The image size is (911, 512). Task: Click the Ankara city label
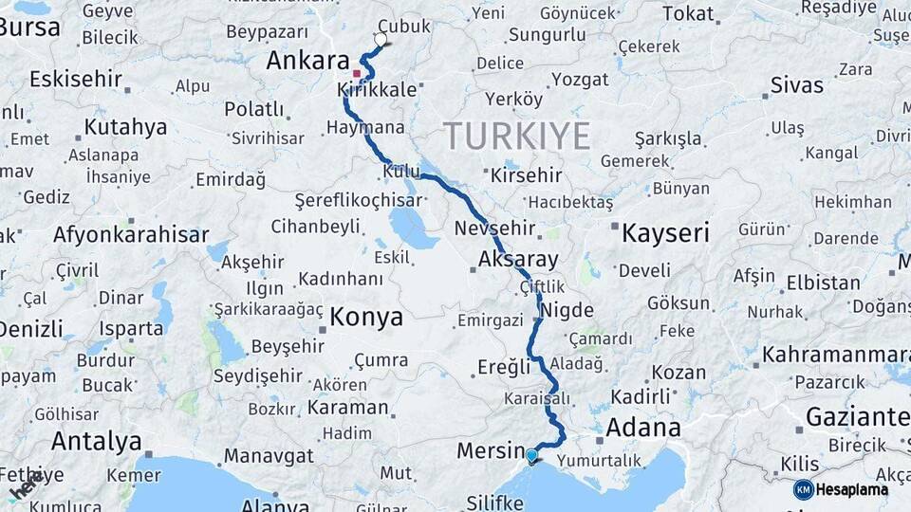click(x=307, y=62)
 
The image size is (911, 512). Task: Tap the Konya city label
click(x=365, y=317)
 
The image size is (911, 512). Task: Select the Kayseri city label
click(x=665, y=233)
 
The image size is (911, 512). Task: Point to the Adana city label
click(x=642, y=427)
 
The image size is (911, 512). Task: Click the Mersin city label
click(x=491, y=450)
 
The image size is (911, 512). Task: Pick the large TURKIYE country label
click(x=516, y=136)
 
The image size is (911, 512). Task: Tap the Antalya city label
click(x=96, y=441)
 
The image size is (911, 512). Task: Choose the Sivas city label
click(x=796, y=85)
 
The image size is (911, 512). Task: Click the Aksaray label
click(x=518, y=259)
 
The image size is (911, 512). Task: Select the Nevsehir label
click(x=494, y=229)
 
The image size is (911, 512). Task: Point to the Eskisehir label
click(x=76, y=79)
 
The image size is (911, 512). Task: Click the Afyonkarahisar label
click(x=131, y=234)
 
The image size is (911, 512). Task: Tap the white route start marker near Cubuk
click(x=381, y=40)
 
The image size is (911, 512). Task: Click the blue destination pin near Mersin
click(x=531, y=456)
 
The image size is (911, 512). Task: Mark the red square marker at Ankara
click(x=357, y=73)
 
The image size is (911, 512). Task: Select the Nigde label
click(x=567, y=310)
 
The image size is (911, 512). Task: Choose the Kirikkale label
click(x=377, y=90)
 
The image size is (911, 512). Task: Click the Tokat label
click(x=688, y=13)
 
